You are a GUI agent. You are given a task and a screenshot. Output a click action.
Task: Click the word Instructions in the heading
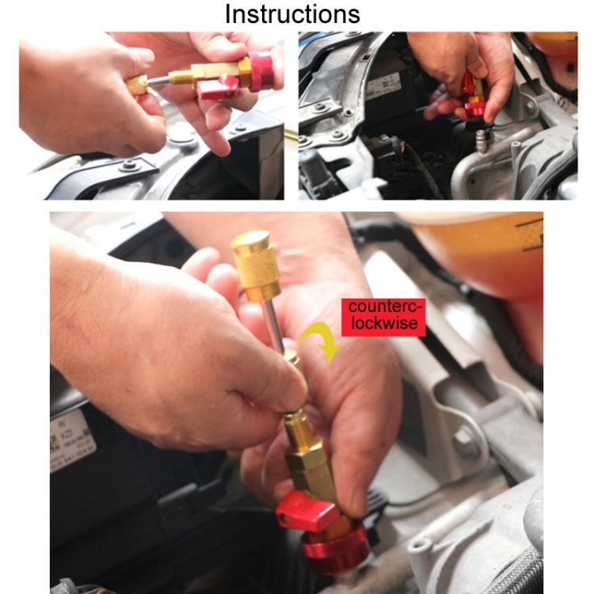(x=292, y=13)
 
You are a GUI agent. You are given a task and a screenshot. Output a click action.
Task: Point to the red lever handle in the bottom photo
(x=307, y=512)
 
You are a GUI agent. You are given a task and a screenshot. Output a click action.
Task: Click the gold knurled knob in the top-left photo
(x=136, y=84)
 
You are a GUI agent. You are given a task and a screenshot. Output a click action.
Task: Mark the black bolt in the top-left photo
(x=128, y=167)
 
